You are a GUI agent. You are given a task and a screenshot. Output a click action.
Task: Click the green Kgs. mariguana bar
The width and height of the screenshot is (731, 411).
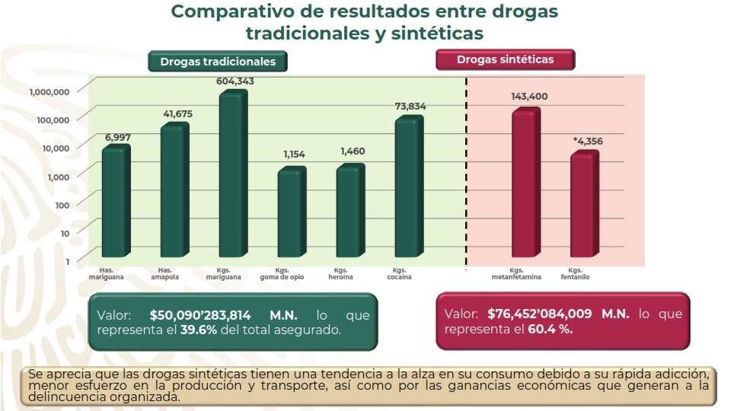[x=232, y=175]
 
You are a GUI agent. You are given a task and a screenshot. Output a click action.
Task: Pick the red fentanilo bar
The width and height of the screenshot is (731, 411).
[x=584, y=205]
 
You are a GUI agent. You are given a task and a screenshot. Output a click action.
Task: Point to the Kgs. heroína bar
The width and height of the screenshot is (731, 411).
[x=350, y=212]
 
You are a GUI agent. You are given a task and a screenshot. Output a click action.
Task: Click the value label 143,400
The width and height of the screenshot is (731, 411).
[x=528, y=97]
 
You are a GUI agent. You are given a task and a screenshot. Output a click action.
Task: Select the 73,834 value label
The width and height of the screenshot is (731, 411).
[x=410, y=107]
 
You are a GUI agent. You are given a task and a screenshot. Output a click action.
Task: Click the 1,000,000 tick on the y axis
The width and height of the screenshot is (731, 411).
[x=49, y=91]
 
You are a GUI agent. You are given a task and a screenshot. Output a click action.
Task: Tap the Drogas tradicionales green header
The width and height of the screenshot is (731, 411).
[x=218, y=62]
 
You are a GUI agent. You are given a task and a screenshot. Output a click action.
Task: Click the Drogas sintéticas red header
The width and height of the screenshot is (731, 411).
[x=505, y=59]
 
